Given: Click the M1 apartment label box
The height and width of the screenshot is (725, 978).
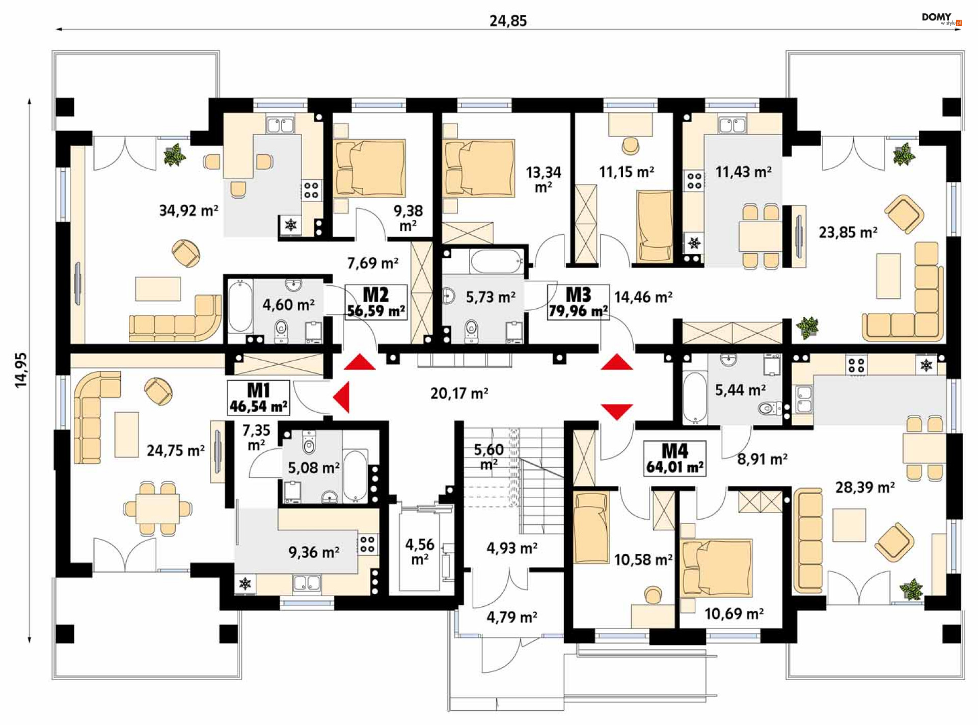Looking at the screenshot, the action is click(258, 398).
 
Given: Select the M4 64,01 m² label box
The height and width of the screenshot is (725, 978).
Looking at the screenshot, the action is click(675, 459).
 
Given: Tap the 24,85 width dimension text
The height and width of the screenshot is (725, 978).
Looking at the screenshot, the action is click(508, 21).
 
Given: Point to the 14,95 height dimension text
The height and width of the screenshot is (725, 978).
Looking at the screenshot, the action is click(21, 370).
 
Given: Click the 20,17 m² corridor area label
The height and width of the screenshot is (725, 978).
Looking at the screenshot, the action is click(459, 393).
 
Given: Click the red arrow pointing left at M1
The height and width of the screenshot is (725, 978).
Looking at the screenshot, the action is click(341, 397).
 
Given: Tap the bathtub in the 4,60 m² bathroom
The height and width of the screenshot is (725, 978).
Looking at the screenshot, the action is click(240, 307).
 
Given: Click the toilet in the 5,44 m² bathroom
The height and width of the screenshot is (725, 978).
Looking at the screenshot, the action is click(769, 408).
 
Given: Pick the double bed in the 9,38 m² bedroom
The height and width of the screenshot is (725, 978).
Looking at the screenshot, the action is click(369, 168).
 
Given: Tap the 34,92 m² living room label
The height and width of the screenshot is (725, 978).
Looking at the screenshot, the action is click(188, 210).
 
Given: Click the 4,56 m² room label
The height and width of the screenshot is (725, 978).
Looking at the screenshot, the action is click(420, 552).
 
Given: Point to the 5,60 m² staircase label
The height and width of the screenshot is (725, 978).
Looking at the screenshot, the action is click(488, 457).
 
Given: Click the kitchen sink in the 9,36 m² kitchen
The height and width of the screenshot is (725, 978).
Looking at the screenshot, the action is click(307, 583).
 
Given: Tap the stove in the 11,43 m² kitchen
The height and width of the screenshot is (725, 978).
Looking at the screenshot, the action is click(694, 181).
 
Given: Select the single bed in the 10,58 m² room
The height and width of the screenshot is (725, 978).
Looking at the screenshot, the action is click(591, 528).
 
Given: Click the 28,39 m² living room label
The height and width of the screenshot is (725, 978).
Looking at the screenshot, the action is click(865, 488).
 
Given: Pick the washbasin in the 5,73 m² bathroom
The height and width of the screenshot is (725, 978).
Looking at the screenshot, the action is click(448, 296).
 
